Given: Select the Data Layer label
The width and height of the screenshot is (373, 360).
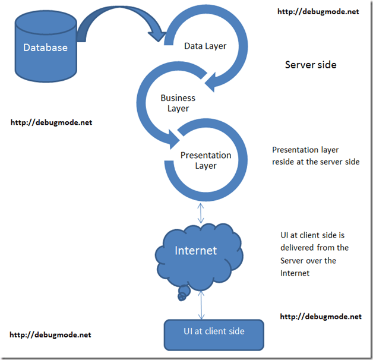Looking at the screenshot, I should click(x=205, y=45).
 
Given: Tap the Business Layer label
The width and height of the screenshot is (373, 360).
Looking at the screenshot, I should click(x=178, y=103).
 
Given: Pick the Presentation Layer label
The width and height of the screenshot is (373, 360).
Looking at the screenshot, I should click(x=206, y=160).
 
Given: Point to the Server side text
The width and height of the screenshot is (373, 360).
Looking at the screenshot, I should click(x=311, y=65).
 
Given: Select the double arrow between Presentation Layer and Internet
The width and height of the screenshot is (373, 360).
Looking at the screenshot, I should click(x=203, y=210).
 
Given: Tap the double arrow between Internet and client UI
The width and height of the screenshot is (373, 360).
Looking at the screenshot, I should click(x=203, y=306).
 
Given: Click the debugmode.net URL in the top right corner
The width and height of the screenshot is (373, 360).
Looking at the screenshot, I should click(x=318, y=11).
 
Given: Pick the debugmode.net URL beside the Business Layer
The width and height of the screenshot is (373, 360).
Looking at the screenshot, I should click(x=51, y=122).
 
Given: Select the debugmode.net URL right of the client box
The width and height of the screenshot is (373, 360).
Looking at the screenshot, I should click(x=320, y=317).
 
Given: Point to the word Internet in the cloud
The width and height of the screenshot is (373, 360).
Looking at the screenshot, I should click(x=196, y=250).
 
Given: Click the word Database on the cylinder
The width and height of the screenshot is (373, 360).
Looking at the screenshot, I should click(x=45, y=48).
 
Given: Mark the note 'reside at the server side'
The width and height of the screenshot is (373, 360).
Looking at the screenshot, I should click(x=315, y=162).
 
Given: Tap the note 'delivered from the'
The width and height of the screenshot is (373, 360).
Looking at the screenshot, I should click(x=314, y=247).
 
